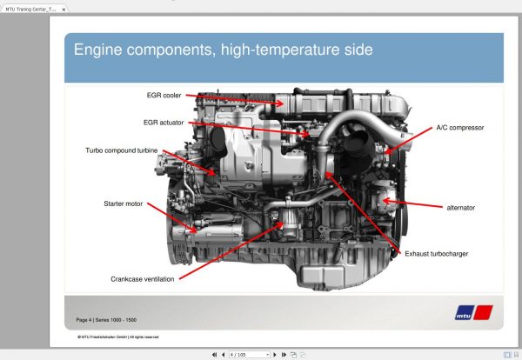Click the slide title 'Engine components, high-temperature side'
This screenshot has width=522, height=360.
[x=223, y=50]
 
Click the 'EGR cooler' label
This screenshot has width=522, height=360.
[x=164, y=95]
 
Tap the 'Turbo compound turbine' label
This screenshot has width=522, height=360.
[x=122, y=150]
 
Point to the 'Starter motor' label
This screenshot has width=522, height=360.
[x=123, y=203]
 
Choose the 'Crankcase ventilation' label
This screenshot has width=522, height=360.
[x=143, y=279]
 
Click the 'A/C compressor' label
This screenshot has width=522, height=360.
[x=459, y=128]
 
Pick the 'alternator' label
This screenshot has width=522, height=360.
[x=461, y=208]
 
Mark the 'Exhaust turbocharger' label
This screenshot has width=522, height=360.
[x=438, y=253]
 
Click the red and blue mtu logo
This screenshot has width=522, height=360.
[x=475, y=312]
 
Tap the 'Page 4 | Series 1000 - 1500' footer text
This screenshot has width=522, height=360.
[x=111, y=320]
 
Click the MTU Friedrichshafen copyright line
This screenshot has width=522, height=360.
[x=117, y=337]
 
